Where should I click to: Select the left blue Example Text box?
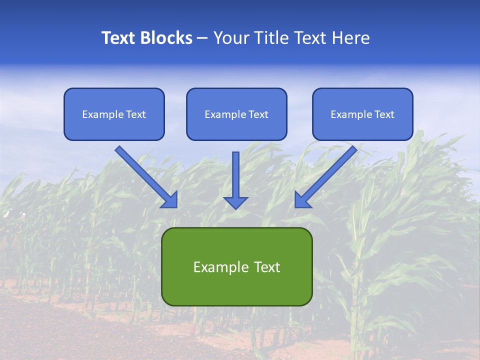(x=114, y=114)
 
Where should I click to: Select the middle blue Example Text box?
(x=236, y=114)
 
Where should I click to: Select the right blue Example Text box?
(x=362, y=114)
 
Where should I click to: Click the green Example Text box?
(x=236, y=266)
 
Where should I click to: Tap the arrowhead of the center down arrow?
(x=235, y=202)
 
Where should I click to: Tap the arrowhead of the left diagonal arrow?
(x=170, y=200)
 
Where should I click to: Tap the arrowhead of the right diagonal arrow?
(x=302, y=200)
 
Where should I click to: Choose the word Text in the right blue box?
(x=384, y=114)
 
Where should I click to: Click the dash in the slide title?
(x=202, y=38)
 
